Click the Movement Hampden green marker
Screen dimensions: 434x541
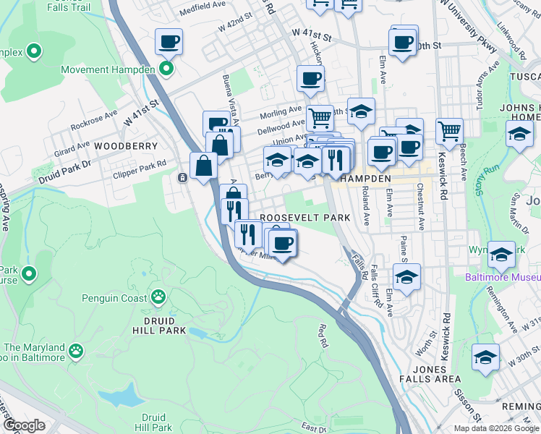pos(166,70)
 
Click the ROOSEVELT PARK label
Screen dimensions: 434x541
pos(304,218)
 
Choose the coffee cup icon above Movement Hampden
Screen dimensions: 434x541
pos(169,42)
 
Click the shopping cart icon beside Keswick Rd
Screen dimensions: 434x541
pos(449,131)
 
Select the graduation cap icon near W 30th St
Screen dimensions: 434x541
pos(485,358)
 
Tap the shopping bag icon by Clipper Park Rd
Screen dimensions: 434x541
pos(204,166)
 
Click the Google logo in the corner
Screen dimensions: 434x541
pos(24,425)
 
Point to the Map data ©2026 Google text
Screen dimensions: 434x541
pos(496,428)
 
